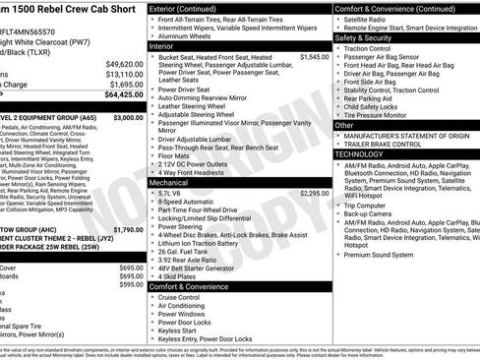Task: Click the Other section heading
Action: (344, 125)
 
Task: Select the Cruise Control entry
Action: (186, 296)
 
